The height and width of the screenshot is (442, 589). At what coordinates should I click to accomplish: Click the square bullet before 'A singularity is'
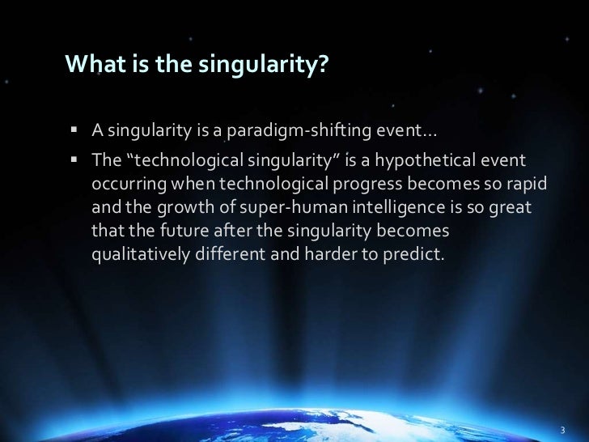pyautogui.click(x=74, y=131)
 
